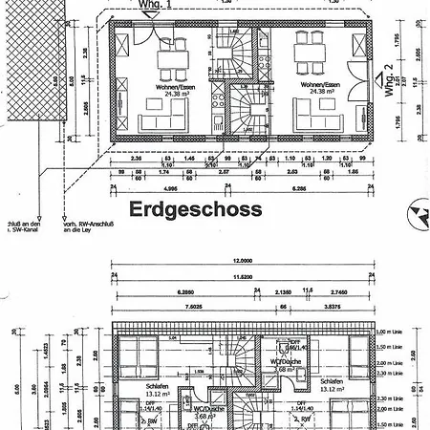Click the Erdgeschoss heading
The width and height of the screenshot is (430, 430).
point(183,208)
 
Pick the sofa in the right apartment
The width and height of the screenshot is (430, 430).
point(316,120)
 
